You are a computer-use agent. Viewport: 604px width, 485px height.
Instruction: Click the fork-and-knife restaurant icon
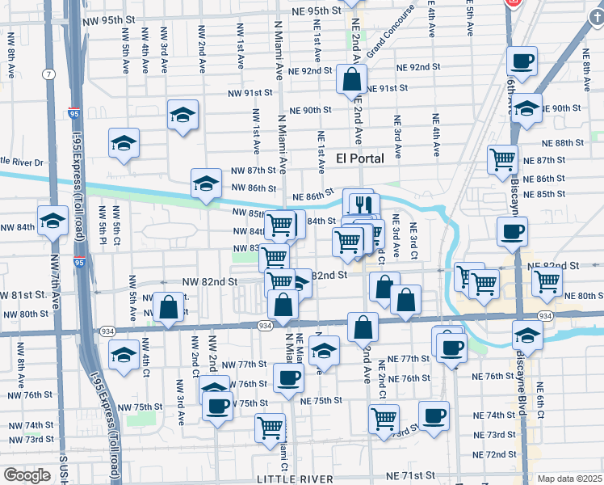point(359,204)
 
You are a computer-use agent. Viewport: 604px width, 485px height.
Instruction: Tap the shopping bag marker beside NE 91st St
point(351,82)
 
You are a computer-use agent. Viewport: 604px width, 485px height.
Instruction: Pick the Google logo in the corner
point(27,475)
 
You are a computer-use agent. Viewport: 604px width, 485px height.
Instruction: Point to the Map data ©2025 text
point(568,479)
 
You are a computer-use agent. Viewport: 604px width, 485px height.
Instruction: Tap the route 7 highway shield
point(51,74)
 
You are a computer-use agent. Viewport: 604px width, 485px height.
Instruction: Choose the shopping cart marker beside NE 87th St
point(503,159)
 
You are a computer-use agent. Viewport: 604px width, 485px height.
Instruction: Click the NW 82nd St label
point(210,281)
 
